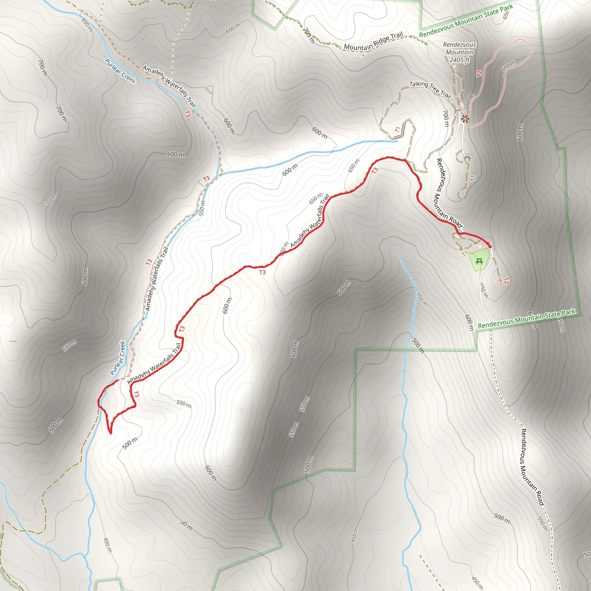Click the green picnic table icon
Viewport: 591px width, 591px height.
[x=479, y=261]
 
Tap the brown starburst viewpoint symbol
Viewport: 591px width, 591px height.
[x=465, y=119]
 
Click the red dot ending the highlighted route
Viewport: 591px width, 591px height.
[x=490, y=246]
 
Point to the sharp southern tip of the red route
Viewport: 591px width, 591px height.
[x=111, y=433]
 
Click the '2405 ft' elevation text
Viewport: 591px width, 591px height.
[x=459, y=60]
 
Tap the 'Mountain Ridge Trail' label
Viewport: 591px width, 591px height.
[x=373, y=42]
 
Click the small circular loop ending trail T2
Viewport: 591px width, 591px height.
[x=499, y=283]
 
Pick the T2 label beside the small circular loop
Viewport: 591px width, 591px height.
[x=506, y=280]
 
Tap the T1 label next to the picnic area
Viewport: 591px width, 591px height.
[x=464, y=254]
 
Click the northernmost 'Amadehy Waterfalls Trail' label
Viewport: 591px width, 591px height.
[x=169, y=86]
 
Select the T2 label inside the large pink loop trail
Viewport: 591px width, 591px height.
[x=479, y=73]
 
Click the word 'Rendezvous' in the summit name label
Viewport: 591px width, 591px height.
[x=459, y=45]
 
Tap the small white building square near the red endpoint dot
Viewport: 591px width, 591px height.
[x=480, y=246]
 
